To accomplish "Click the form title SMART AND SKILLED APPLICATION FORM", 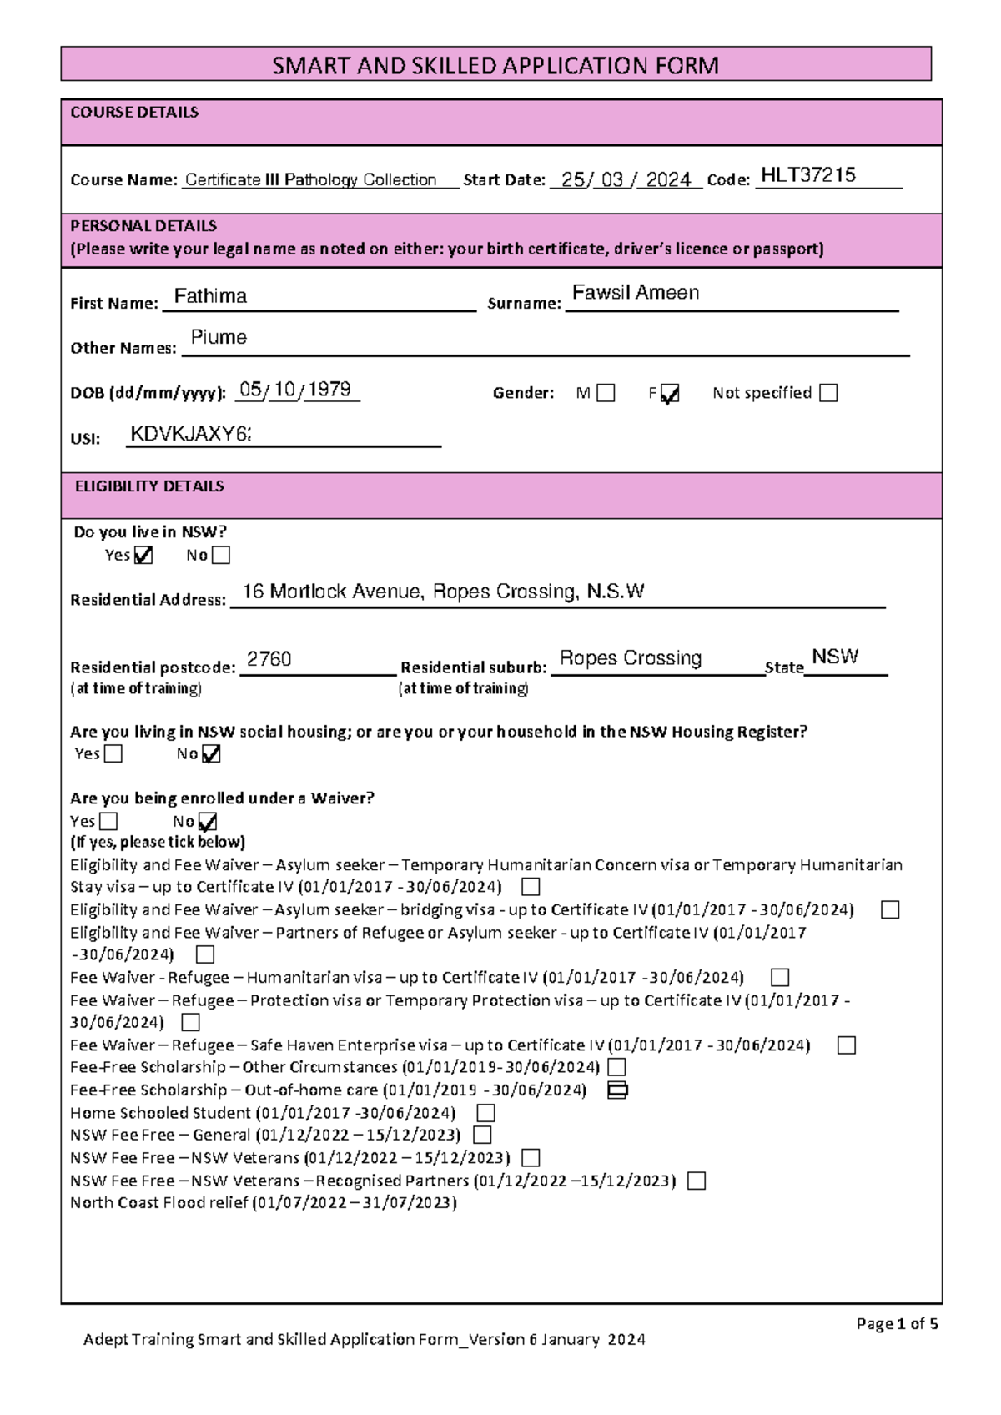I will point(495,65).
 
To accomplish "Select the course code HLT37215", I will point(808,175).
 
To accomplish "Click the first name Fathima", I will point(210,296).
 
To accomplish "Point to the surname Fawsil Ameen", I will point(636,293).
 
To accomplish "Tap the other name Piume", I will point(219,337).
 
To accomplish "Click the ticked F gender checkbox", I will point(670,394).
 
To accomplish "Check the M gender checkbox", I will point(606,393).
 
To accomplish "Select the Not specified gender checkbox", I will point(828,393).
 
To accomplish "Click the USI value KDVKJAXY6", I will point(190,434).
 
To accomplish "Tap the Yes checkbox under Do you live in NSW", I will point(143,556).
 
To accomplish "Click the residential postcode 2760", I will point(269,659).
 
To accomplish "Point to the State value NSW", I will point(835,657).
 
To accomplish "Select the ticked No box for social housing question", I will point(211,754).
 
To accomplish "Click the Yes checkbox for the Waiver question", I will point(108,821).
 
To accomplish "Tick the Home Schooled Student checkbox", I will point(485,1113).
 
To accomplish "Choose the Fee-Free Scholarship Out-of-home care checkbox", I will point(617,1090).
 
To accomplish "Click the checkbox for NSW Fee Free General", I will point(482,1135).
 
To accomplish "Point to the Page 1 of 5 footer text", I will point(897,1323).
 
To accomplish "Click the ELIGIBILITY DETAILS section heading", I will point(149,486).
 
